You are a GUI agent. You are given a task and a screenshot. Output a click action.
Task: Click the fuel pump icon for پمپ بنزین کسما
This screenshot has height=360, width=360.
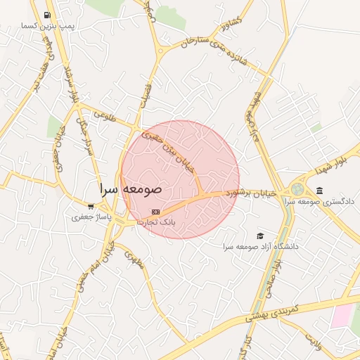46,15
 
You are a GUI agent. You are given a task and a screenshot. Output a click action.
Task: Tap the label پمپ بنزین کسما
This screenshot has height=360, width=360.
47,26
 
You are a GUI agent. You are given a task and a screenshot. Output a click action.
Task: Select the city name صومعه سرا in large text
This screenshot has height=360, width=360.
131,189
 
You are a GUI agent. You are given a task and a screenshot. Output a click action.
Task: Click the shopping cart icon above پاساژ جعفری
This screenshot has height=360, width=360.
91,207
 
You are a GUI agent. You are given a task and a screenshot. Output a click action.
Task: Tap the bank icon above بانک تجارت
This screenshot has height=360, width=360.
155,212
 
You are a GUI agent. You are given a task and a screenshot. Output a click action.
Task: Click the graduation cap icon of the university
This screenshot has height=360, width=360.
261,236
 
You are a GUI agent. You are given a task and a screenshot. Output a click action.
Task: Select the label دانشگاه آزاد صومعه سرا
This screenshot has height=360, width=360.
261,247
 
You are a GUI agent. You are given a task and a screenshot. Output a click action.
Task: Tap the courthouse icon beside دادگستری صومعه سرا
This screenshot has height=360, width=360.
320,191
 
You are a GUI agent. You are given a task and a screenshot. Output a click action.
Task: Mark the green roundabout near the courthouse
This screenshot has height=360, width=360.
298,189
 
